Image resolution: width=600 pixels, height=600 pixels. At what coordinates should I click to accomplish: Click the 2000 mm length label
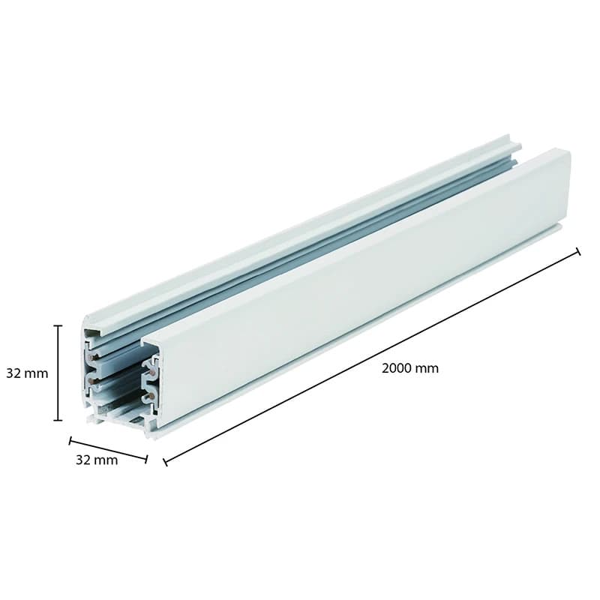tap(409, 368)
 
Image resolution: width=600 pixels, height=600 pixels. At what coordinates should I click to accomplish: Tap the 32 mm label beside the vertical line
tap(26, 373)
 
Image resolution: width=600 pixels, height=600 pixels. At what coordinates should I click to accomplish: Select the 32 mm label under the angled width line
tap(97, 460)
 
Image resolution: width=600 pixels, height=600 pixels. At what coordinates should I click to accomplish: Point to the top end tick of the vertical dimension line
tap(58, 326)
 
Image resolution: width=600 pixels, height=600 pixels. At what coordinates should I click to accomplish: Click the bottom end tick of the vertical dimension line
tap(58, 420)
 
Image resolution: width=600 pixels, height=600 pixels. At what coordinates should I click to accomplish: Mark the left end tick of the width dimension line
tap(70, 441)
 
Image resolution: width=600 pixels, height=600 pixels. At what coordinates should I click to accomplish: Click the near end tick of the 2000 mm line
tap(165, 461)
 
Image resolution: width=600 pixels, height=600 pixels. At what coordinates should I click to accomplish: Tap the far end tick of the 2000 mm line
tap(577, 251)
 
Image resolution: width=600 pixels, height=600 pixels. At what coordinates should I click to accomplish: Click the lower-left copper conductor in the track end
tap(91, 382)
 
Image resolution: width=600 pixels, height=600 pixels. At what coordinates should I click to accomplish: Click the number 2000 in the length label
tap(397, 368)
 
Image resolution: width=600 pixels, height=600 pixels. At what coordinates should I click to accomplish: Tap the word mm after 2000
tap(427, 368)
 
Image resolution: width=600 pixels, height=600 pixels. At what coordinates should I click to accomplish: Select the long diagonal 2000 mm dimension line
tap(371, 356)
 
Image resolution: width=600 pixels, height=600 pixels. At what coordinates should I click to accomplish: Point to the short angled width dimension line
tap(109, 449)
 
